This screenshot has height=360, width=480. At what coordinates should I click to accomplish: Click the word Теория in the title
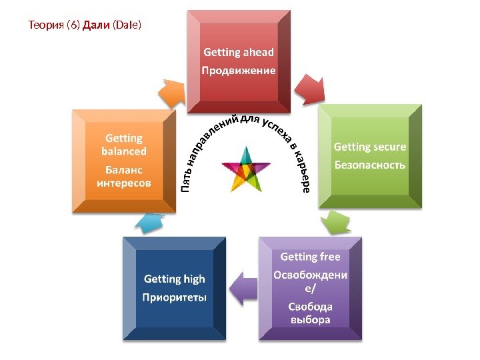47,26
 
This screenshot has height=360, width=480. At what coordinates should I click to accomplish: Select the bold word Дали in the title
95,26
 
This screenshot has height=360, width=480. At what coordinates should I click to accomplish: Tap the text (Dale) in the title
127,26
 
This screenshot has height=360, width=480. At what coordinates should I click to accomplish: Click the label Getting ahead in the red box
239,52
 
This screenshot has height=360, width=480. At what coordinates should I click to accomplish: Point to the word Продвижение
239,69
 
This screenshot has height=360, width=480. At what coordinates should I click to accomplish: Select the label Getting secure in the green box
370,147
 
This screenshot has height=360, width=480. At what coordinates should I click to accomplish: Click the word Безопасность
370,164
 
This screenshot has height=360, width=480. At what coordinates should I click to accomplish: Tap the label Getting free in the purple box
310,257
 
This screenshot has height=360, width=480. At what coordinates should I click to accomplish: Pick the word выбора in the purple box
310,319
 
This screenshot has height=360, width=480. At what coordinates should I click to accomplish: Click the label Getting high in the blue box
175,279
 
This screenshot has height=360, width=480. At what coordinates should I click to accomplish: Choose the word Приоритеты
175,296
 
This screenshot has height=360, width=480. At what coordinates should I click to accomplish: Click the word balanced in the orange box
124,151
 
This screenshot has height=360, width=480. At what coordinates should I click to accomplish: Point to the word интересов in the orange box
124,181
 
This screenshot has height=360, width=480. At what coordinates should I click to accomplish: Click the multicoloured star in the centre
245,168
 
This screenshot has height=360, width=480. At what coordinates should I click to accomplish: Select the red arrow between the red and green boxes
309,88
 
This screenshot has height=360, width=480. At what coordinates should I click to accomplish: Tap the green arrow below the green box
335,223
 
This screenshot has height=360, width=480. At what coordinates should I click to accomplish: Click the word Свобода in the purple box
310,307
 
